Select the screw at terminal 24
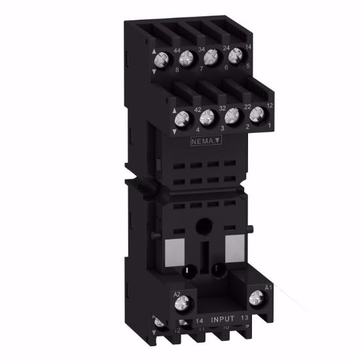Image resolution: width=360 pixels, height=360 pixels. pos(210,58)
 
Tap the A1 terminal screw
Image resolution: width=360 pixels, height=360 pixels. pos(256,298)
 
